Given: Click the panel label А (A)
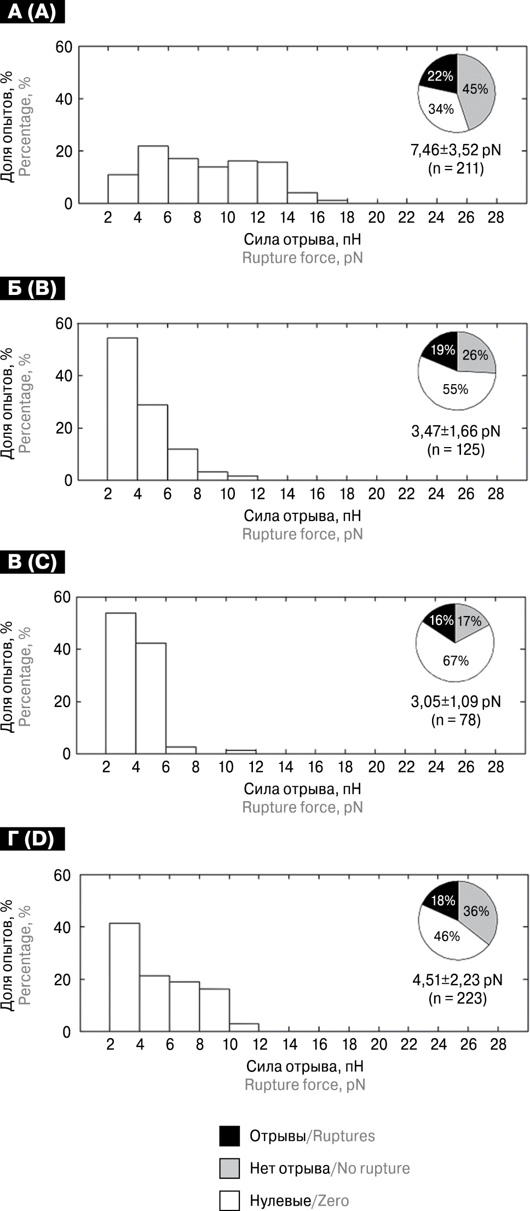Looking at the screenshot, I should pos(32,11).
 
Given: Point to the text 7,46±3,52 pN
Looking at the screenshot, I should pos(456,150).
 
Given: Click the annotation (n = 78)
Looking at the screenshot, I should pos(456,720).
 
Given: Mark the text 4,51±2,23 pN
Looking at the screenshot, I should pos(457,980).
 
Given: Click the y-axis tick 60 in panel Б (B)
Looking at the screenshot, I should pos(64,324).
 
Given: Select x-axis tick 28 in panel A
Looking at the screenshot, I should pos(496,218).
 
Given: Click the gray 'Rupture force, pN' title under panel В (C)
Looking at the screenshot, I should pos(302,807).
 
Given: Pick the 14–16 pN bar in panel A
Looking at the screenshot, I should pos(302,198).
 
